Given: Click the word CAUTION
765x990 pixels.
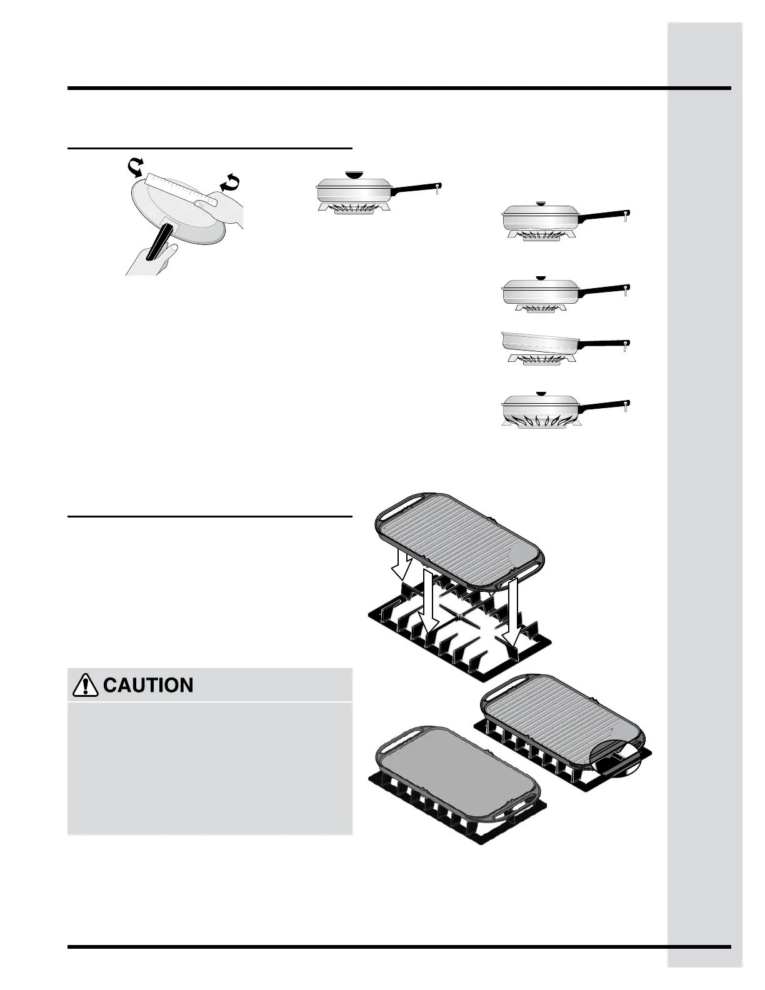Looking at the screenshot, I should (147, 686).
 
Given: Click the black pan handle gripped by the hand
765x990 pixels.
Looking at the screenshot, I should (160, 241).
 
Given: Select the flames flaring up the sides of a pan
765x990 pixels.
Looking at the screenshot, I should (541, 420).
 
